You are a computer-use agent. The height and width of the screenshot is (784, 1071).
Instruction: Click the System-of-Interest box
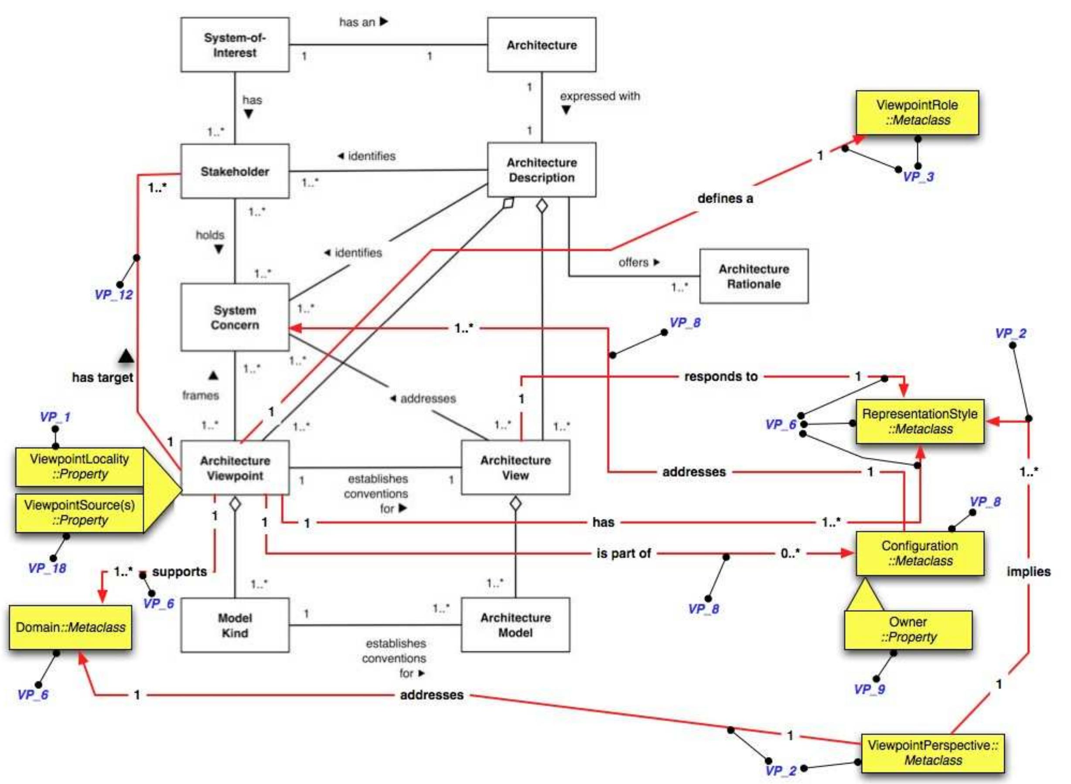(235, 45)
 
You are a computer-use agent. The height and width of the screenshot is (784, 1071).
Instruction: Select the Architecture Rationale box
(754, 276)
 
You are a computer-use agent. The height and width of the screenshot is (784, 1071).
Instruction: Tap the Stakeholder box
(235, 171)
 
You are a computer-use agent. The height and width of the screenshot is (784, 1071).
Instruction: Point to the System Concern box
(235, 317)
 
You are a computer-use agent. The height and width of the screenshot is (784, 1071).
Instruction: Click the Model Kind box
(235, 625)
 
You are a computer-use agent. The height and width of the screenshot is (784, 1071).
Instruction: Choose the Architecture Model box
(515, 625)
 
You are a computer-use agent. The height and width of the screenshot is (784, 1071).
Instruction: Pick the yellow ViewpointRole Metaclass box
(917, 113)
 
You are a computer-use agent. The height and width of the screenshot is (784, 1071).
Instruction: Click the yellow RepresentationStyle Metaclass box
(920, 421)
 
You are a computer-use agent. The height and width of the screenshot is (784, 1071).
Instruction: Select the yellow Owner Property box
(908, 630)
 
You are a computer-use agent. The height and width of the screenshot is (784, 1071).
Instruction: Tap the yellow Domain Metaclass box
(70, 627)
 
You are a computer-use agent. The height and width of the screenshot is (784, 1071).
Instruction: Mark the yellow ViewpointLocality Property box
(79, 467)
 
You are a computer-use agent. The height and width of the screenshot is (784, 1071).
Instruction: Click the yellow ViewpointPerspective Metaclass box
(932, 753)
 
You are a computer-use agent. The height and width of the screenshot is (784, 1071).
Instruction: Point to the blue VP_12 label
(114, 295)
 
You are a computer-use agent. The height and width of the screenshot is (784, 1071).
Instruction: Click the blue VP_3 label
(918, 177)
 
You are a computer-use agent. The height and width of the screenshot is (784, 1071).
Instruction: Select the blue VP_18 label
(47, 568)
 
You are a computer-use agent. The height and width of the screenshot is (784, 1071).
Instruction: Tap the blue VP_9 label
(870, 689)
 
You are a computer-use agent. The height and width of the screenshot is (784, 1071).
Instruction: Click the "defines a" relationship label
(725, 198)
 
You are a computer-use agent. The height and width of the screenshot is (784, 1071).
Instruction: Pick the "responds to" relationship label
(721, 377)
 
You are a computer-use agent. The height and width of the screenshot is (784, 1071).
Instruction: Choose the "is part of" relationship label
(624, 553)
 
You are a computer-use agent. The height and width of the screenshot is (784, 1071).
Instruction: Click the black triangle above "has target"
(126, 355)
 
